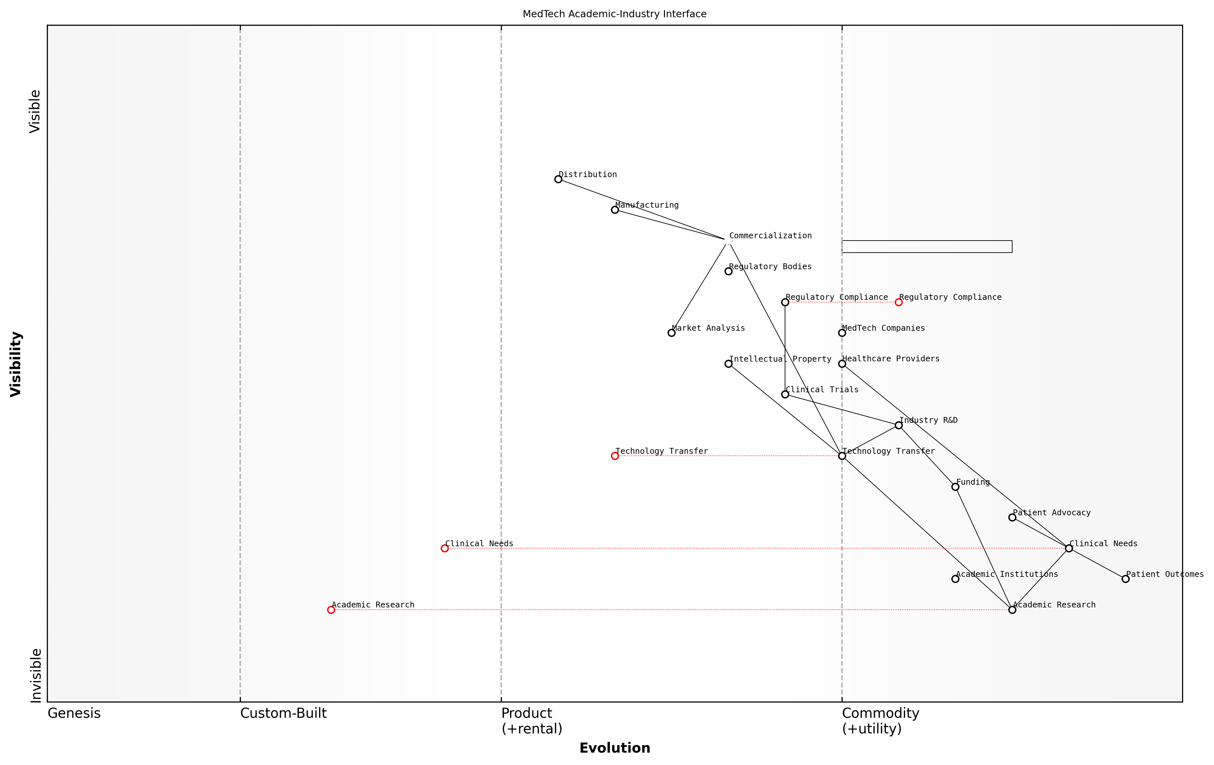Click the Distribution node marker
pyautogui.click(x=558, y=179)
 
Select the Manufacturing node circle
pyautogui.click(x=614, y=210)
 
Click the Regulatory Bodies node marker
pyautogui.click(x=728, y=271)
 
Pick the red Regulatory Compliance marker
pyautogui.click(x=898, y=302)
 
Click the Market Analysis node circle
pyautogui.click(x=671, y=333)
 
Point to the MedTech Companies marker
pyautogui.click(x=842, y=333)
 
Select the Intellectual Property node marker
pyautogui.click(x=728, y=364)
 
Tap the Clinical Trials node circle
pyautogui.click(x=785, y=394)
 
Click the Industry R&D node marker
pyautogui.click(x=898, y=425)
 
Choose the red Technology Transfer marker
pyautogui.click(x=614, y=456)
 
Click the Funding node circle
pyautogui.click(x=955, y=487)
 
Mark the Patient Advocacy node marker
pyautogui.click(x=1012, y=517)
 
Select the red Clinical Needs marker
pyautogui.click(x=445, y=548)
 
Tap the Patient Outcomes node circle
pyautogui.click(x=1125, y=579)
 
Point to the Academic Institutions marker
pyautogui.click(x=955, y=579)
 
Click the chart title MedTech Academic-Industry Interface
pyautogui.click(x=614, y=14)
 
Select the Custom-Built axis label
pyautogui.click(x=283, y=714)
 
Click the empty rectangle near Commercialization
pyautogui.click(x=927, y=247)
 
